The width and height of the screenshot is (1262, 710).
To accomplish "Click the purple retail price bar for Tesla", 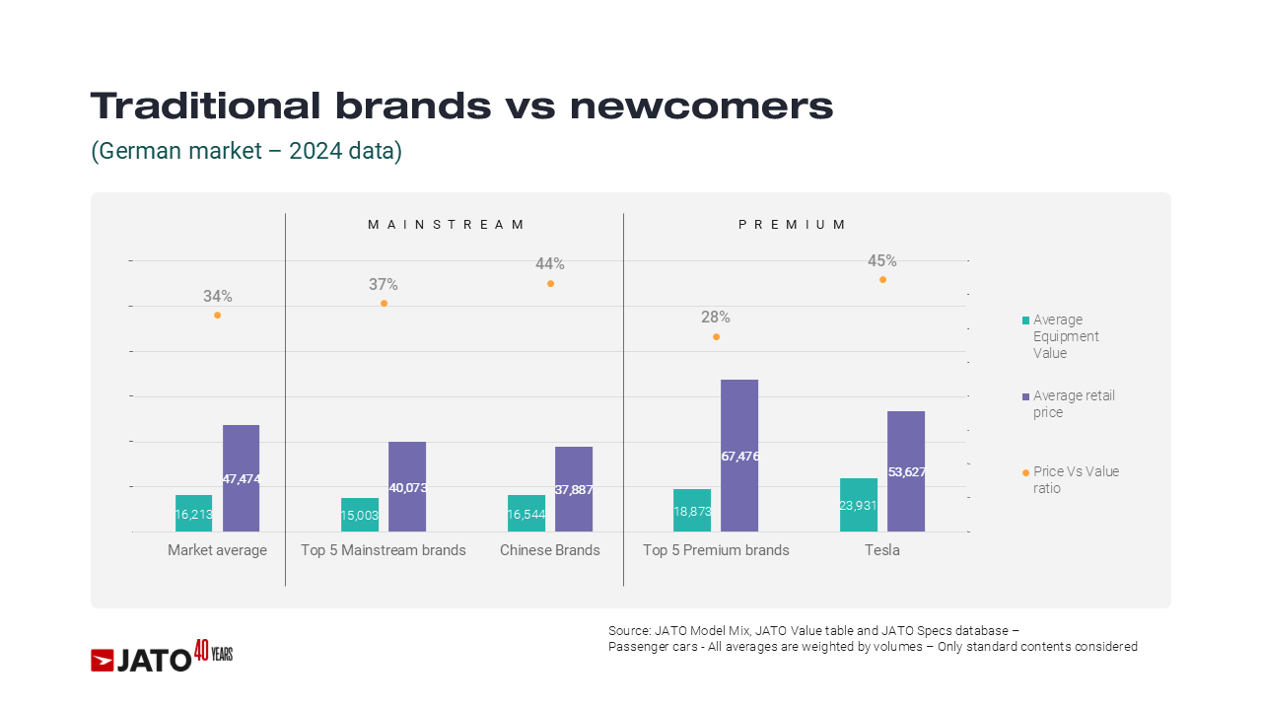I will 906,470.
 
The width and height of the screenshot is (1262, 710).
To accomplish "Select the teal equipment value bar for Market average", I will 194,513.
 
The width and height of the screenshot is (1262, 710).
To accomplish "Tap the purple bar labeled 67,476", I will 739,456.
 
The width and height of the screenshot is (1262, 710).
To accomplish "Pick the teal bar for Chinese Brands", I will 526,513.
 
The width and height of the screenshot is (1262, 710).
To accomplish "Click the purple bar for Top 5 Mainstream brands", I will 407,486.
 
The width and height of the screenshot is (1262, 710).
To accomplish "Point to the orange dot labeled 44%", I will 550,283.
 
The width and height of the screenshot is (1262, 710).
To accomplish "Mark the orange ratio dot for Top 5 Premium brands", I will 716,336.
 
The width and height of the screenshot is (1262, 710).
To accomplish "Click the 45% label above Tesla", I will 882,261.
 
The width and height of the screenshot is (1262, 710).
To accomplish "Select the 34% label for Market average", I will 218,296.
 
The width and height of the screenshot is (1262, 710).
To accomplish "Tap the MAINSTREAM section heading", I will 447,225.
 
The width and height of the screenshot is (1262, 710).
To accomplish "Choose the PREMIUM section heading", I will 793,225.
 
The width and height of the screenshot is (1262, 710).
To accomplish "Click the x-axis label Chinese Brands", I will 550,550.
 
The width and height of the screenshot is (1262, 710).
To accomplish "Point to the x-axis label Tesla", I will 882,550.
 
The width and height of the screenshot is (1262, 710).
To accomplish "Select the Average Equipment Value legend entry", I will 1065,336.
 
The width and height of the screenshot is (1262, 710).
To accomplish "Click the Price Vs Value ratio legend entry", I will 1076,479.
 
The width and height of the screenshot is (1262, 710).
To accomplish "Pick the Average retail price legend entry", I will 1074,403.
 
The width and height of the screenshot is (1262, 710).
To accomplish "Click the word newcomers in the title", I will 701,106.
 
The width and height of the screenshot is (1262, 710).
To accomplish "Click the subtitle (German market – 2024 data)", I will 246,152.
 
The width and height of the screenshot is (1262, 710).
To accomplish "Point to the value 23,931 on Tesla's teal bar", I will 859,505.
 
